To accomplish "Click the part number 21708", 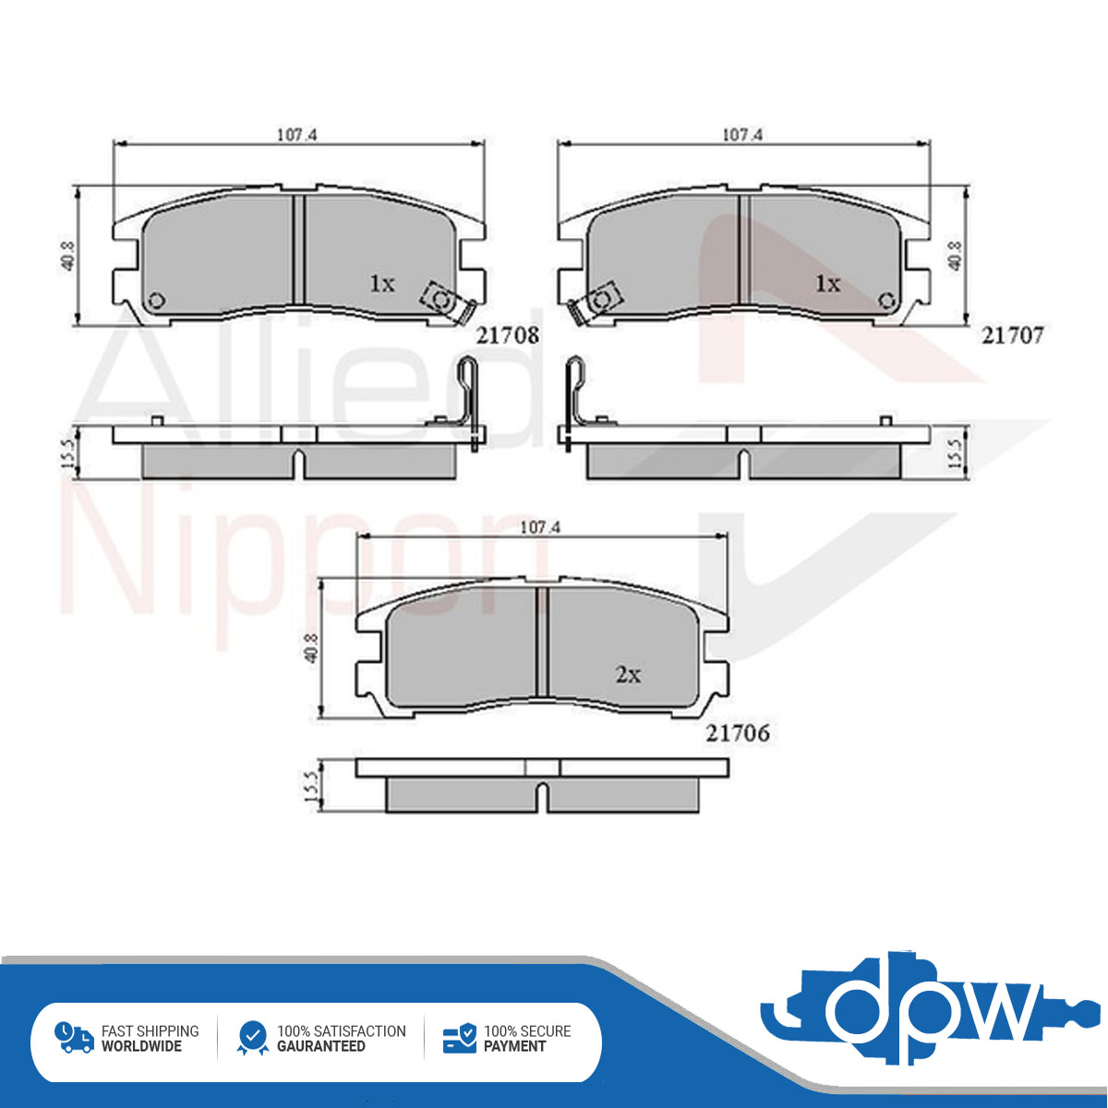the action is coord(508,335).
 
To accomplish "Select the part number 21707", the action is coord(1012,335).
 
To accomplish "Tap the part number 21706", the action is coord(738,733).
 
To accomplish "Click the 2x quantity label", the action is coord(628,674).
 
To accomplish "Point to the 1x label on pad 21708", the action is coord(381,283).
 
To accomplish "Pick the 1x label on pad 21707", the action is coord(827,283).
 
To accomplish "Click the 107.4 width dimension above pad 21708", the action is coord(297,135).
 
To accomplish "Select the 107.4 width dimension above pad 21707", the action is coord(742,135).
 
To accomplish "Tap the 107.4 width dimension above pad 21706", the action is coord(540,527).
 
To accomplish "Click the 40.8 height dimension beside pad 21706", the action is coord(312,648).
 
